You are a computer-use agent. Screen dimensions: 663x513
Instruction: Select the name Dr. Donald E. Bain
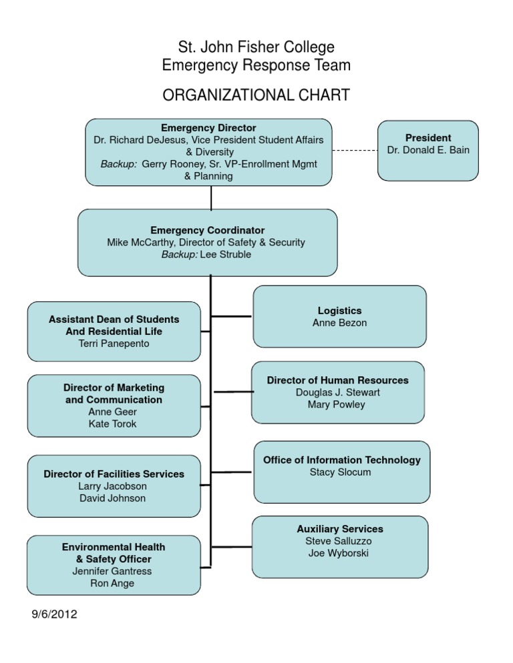[428, 150]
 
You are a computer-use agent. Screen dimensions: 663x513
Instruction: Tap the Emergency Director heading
[208, 127]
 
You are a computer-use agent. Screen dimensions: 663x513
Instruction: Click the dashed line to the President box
[355, 150]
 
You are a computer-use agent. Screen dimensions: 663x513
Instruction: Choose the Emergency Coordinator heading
[207, 230]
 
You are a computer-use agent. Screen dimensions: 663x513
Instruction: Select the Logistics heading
[339, 310]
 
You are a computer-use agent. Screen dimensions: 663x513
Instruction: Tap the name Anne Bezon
[339, 323]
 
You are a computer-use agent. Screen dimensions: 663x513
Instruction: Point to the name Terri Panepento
[114, 343]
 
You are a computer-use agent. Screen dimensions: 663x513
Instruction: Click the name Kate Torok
[112, 424]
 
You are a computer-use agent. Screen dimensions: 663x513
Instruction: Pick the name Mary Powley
[337, 404]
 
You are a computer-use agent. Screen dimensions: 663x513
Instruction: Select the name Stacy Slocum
[341, 472]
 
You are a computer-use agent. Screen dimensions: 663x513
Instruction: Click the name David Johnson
[112, 498]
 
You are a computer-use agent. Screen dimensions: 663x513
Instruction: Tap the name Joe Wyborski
[340, 553]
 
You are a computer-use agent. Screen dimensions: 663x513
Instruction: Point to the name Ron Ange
[113, 583]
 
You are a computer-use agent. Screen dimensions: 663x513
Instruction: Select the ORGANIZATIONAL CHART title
[256, 95]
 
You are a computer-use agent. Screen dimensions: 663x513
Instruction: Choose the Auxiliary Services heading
[340, 529]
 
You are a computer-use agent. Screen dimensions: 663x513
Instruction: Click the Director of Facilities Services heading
[114, 474]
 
